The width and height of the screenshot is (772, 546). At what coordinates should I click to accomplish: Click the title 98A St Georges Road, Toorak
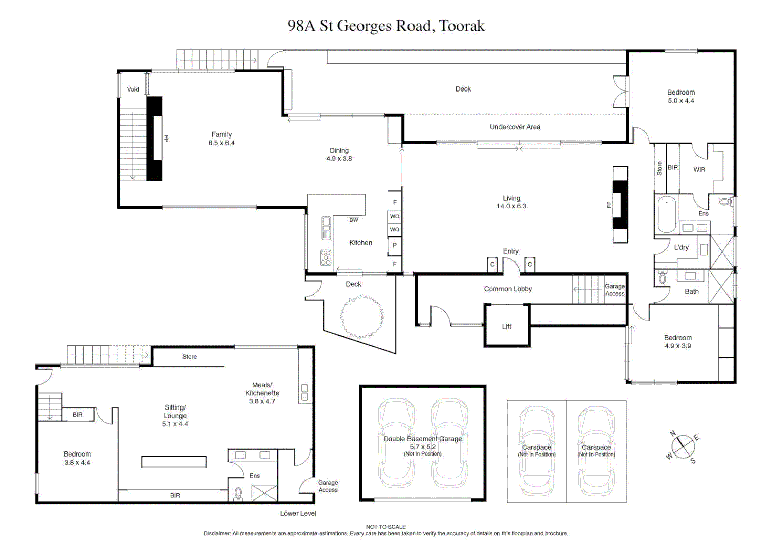(386, 26)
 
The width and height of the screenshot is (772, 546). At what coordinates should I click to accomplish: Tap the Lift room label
(506, 327)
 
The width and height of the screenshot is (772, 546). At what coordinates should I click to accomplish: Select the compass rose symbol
(683, 446)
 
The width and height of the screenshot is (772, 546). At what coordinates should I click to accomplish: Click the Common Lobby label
(508, 289)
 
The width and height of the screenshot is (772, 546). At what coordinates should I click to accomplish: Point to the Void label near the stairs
(133, 89)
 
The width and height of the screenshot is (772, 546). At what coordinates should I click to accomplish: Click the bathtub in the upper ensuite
(667, 215)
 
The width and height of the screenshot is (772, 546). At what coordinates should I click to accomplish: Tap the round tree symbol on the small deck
(361, 317)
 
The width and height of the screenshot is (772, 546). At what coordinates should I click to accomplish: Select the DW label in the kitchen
(353, 220)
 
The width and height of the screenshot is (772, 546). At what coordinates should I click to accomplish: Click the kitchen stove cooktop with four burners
(326, 258)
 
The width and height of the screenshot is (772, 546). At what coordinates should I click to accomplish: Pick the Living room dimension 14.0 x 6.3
(511, 206)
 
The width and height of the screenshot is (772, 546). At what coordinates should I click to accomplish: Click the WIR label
(699, 170)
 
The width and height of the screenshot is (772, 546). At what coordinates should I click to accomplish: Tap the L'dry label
(681, 247)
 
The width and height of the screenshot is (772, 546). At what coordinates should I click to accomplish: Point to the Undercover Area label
(515, 127)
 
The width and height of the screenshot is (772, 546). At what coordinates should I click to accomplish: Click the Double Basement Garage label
(423, 439)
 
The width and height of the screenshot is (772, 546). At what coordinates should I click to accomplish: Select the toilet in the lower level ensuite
(238, 493)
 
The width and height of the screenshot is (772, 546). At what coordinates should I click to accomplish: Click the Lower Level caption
(298, 514)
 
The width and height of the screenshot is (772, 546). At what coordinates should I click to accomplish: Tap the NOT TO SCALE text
(386, 527)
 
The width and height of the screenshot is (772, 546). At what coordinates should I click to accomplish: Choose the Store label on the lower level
(189, 357)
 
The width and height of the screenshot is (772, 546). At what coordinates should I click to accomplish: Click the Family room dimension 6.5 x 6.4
(221, 143)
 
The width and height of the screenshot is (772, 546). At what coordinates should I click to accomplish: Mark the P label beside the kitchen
(394, 246)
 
